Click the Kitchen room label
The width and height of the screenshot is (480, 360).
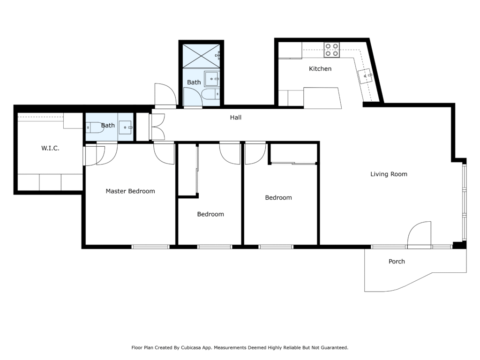(320, 68)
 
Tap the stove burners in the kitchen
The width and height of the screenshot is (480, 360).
(332, 50)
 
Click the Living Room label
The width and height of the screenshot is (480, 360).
(389, 174)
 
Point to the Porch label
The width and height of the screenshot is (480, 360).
(397, 262)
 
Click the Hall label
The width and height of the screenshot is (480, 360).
(236, 117)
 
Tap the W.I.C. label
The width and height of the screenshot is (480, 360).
(50, 148)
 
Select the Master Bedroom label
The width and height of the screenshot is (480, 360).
(130, 191)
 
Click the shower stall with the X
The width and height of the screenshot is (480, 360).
(201, 56)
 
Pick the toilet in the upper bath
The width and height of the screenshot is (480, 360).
(210, 94)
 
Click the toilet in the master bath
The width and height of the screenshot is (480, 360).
(95, 127)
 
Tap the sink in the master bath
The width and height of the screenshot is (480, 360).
(126, 127)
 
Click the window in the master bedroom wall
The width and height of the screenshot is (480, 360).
(150, 247)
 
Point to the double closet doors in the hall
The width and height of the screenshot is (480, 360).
(157, 127)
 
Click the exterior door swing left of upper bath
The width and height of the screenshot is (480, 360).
(165, 95)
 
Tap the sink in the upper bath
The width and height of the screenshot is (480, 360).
(211, 79)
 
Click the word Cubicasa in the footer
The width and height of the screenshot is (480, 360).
(191, 347)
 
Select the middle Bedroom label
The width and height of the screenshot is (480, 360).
(210, 214)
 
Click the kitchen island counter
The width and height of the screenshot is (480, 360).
(322, 98)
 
